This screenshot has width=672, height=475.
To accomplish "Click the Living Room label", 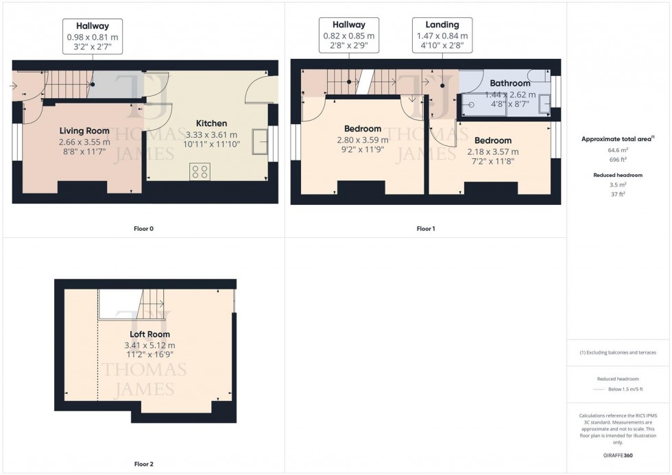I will pos(84,131).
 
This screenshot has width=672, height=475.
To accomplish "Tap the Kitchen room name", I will pos(211,123).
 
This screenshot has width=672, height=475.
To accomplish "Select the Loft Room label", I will pos(149,334).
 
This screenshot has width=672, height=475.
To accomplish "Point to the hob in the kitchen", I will pos(200,171).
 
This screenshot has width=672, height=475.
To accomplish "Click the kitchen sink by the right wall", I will pos(260,142).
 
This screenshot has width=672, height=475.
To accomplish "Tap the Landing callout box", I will pos(442,35).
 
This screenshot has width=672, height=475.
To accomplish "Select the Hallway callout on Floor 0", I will pos(92,36).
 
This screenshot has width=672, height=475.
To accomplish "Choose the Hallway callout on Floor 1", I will pos(349,35).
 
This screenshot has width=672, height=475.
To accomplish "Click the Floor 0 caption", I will pos(143,228).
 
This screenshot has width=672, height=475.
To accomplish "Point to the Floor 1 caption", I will pos(424,228).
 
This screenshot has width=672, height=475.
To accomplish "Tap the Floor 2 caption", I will pos(143,464).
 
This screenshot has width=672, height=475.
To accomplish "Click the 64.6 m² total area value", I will pos(619,149).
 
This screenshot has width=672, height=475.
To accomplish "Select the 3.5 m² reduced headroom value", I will pos(619,185).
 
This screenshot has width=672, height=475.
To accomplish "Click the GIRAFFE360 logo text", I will pos(619,455).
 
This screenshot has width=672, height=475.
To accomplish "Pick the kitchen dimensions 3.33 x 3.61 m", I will pos(211,135).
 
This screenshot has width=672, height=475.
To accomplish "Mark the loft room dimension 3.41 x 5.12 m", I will pos(149,345).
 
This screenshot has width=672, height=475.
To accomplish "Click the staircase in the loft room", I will pos(152,304).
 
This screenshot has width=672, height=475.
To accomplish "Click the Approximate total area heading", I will pos(617,138).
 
